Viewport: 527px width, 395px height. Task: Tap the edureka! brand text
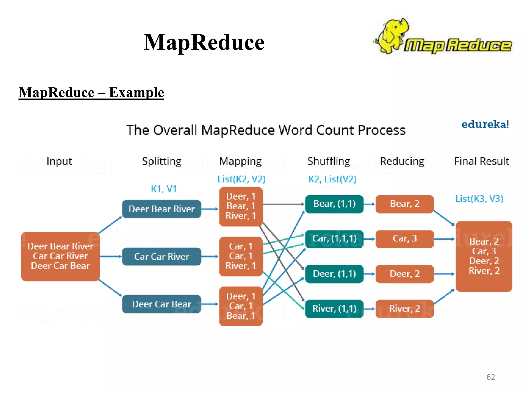click(x=485, y=124)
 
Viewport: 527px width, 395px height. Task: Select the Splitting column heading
click(x=162, y=161)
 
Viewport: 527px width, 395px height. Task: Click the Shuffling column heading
click(x=329, y=161)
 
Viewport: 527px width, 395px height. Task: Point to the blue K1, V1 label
click(x=164, y=189)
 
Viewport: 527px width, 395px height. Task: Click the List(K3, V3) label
click(x=479, y=199)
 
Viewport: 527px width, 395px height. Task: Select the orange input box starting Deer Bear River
click(x=60, y=256)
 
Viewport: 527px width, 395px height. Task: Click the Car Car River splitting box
click(x=161, y=256)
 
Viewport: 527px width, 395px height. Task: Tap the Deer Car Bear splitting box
click(x=161, y=304)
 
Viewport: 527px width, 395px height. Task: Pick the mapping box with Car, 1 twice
click(x=241, y=256)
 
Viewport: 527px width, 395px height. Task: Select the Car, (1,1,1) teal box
click(x=334, y=239)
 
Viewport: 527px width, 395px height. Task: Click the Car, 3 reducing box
click(x=405, y=239)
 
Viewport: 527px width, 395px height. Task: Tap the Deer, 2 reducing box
click(x=405, y=274)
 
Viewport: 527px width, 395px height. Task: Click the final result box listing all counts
click(x=484, y=256)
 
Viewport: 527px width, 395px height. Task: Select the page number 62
click(x=490, y=377)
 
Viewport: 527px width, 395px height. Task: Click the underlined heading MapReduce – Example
click(x=91, y=93)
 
